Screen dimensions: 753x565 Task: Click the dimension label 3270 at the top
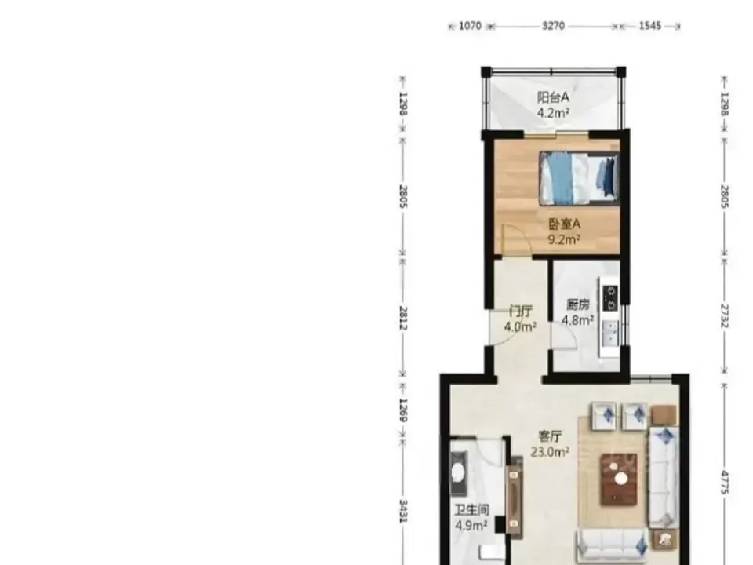click(x=553, y=26)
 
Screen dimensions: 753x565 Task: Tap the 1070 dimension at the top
click(x=470, y=26)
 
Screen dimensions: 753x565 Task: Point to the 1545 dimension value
click(x=649, y=26)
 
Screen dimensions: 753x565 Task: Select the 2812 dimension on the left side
click(x=403, y=318)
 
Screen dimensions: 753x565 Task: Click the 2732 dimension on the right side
click(x=725, y=316)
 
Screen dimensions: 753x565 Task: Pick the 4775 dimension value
click(x=725, y=483)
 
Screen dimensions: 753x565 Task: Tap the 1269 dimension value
click(x=403, y=410)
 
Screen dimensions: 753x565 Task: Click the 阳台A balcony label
click(x=553, y=97)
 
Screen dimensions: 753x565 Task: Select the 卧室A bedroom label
click(x=564, y=224)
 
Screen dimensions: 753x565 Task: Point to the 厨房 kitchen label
click(x=578, y=304)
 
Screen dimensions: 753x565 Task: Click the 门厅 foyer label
click(x=520, y=312)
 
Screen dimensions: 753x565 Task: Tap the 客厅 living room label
click(x=550, y=436)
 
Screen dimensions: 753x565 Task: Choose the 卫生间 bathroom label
click(x=471, y=510)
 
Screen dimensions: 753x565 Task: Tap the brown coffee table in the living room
click(x=619, y=479)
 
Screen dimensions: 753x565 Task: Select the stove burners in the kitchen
click(x=611, y=298)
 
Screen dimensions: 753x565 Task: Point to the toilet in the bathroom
click(x=457, y=472)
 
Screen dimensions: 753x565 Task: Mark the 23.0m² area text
click(x=550, y=452)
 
